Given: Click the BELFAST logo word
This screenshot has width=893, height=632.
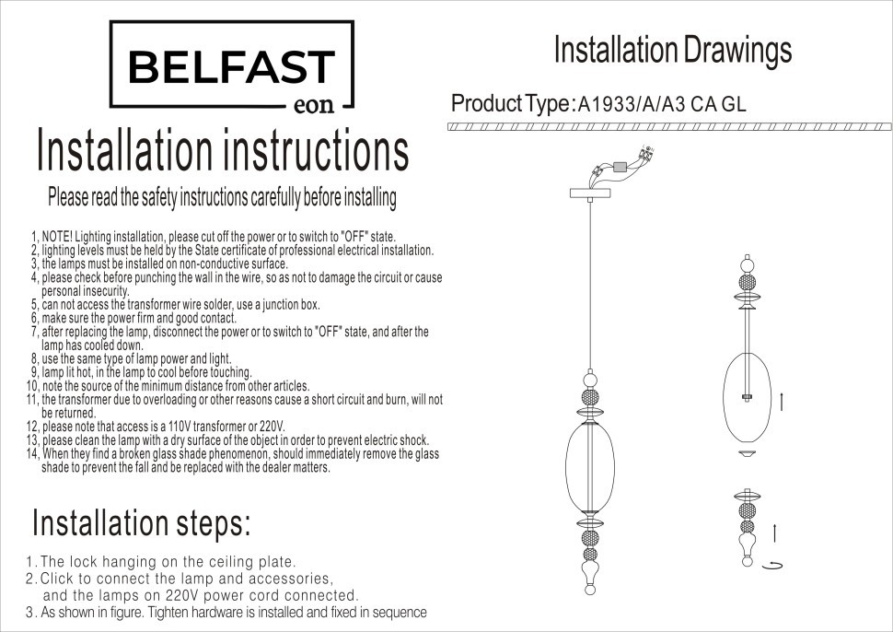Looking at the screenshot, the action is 231,66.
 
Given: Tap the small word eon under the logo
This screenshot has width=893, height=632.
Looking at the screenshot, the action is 314,105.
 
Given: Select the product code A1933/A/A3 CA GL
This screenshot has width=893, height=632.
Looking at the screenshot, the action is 661,104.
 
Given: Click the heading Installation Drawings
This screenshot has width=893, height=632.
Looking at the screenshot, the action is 673,50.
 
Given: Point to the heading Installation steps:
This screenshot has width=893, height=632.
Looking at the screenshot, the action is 141,522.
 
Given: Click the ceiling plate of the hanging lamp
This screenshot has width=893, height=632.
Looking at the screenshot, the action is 590,193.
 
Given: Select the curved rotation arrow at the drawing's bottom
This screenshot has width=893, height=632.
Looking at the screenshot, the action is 775,565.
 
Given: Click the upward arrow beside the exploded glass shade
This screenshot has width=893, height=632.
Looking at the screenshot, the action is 782,401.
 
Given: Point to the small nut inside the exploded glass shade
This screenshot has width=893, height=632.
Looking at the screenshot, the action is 747,397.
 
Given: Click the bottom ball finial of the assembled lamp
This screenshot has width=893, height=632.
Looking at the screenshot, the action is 590,590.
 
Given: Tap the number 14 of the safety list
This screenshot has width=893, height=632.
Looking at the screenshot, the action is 32,454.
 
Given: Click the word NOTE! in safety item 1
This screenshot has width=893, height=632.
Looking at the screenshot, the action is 57,237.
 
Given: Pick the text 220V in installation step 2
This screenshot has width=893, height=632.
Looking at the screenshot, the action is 183,595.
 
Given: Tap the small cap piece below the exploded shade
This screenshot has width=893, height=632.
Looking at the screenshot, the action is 748,453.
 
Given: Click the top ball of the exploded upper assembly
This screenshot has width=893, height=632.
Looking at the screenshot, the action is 748,265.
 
